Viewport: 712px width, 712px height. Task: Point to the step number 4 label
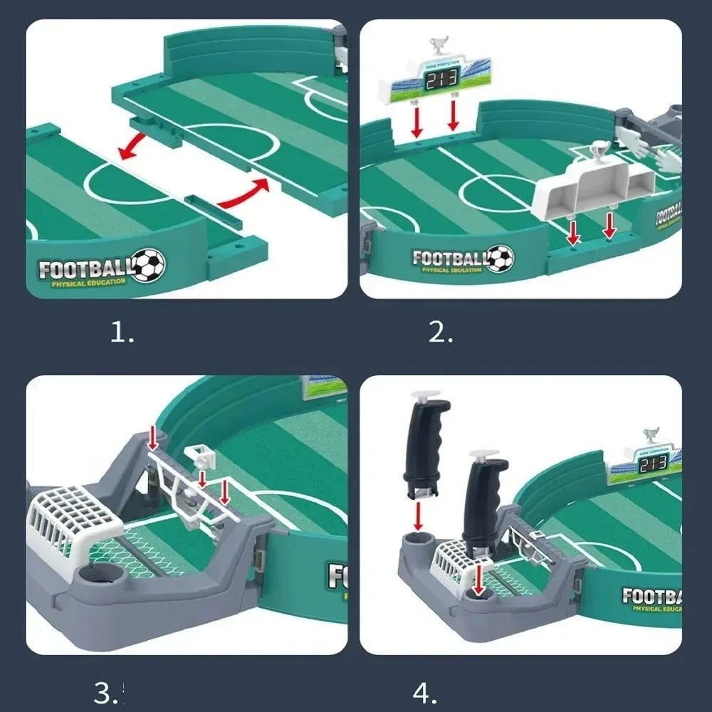425,692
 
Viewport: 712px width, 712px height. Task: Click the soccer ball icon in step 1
149,264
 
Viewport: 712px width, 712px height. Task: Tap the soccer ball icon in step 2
499,258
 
